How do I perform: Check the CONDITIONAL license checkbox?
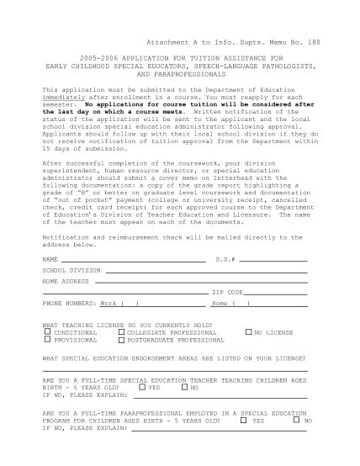pyautogui.click(x=47, y=332)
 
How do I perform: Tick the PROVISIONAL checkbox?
pyautogui.click(x=47, y=340)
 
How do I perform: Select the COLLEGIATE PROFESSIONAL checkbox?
pyautogui.click(x=121, y=332)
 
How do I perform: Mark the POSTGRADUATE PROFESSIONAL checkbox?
pyautogui.click(x=121, y=340)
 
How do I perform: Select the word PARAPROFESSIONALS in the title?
pyautogui.click(x=181, y=74)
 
